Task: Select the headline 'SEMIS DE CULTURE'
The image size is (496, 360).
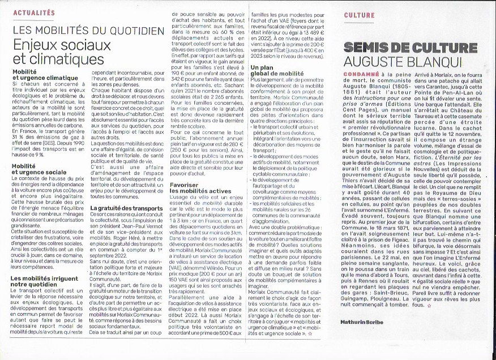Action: pos(402,47)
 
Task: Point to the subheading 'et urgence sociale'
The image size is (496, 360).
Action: pos(39,172)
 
